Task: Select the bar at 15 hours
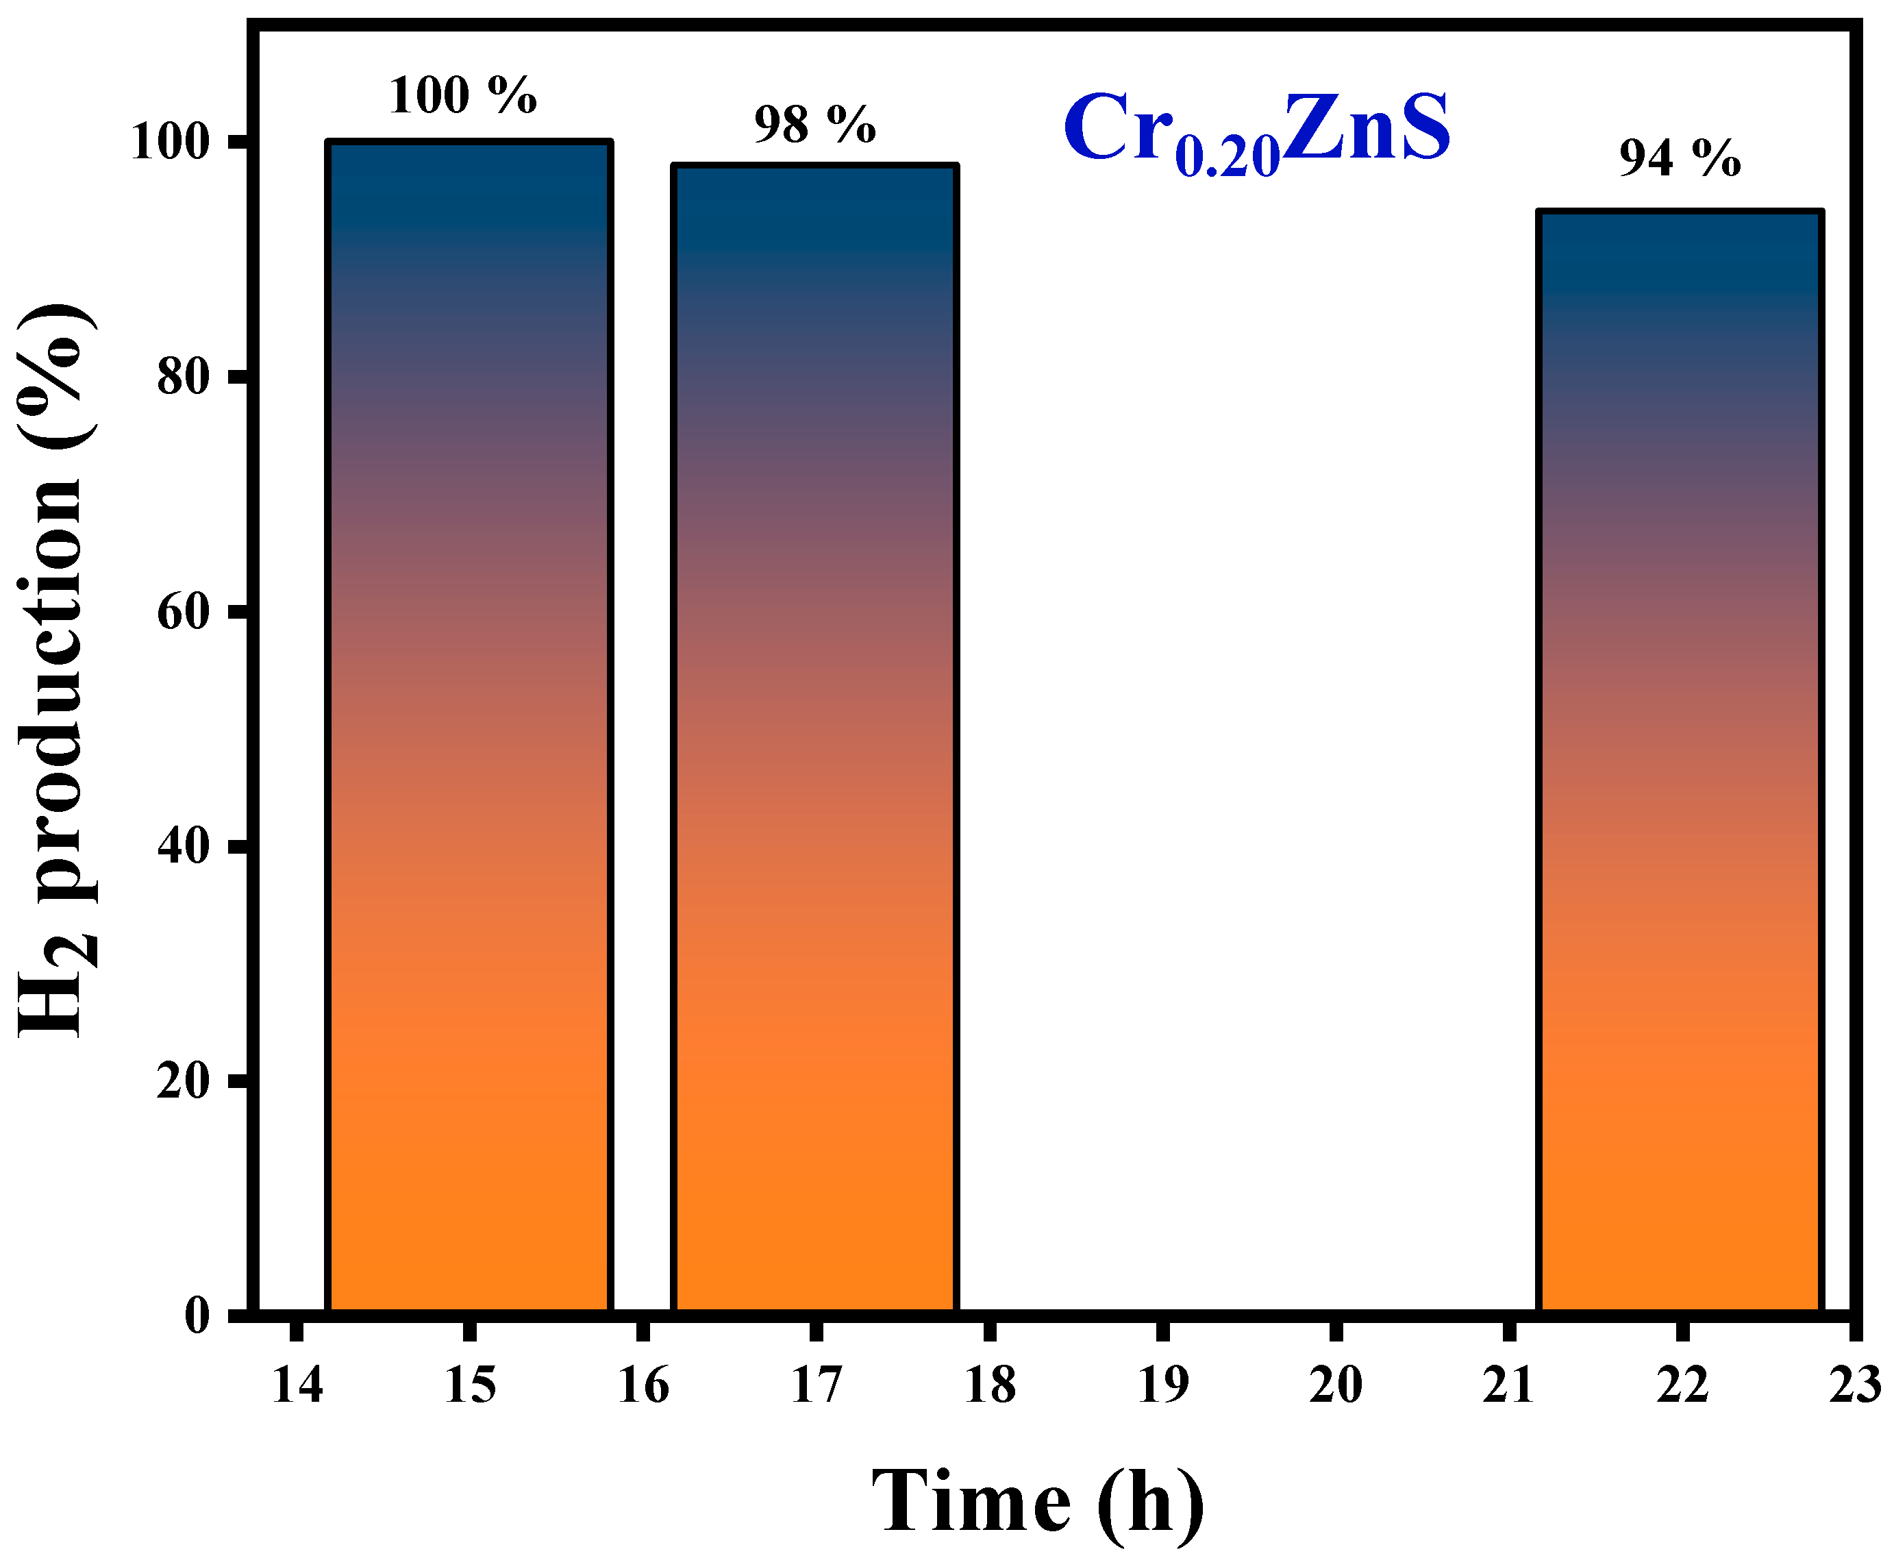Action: pos(469,727)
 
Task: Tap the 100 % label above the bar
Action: pos(462,95)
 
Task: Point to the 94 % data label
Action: pos(1680,159)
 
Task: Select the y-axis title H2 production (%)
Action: pos(55,669)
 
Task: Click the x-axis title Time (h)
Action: pos(1037,1501)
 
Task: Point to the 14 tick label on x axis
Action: pos(297,1385)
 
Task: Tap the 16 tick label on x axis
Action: pos(643,1385)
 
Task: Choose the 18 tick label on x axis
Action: pos(990,1385)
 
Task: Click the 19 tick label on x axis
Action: pos(1163,1385)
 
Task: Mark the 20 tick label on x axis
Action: pos(1336,1385)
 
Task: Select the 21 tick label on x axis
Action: pos(1508,1385)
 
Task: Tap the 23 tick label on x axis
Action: pos(1854,1385)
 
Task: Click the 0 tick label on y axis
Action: pos(197,1315)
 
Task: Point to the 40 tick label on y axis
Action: pos(184,846)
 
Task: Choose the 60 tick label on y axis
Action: pos(184,612)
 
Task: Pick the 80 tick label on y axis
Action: pos(184,378)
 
